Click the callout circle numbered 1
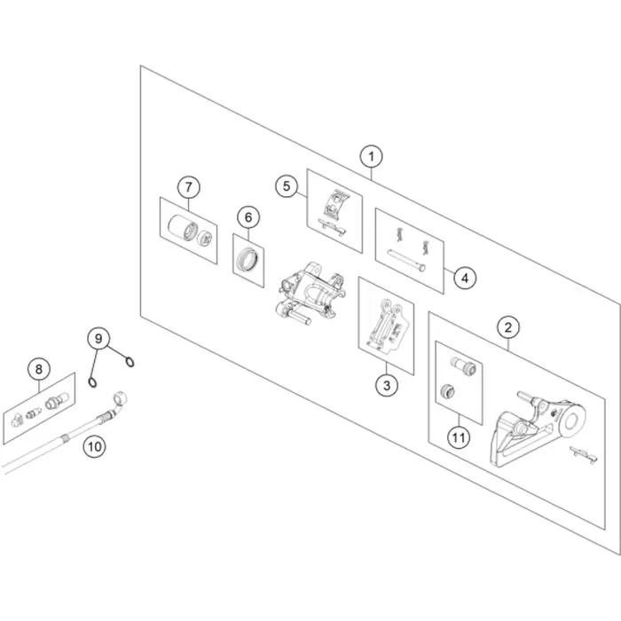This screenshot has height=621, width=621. click(x=371, y=156)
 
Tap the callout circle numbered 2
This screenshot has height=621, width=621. click(x=508, y=327)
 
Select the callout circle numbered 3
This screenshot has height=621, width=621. click(x=387, y=385)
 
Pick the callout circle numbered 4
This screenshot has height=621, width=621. click(x=465, y=278)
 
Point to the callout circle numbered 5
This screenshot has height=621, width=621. click(x=287, y=185)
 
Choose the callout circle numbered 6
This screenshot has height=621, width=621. click(x=248, y=217)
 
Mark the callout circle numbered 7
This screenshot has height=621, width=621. click(x=188, y=187)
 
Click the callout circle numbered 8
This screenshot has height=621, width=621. click(x=39, y=370)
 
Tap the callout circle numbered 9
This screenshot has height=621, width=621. click(x=98, y=339)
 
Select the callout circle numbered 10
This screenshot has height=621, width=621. click(x=94, y=447)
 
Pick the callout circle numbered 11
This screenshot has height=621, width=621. click(x=459, y=437)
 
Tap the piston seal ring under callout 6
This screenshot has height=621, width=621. click(x=248, y=258)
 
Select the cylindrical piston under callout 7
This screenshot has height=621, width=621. click(x=182, y=228)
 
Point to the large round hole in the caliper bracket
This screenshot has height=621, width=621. click(x=571, y=421)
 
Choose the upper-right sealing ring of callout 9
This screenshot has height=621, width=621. click(x=130, y=362)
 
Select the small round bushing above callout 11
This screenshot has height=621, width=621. click(x=447, y=392)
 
